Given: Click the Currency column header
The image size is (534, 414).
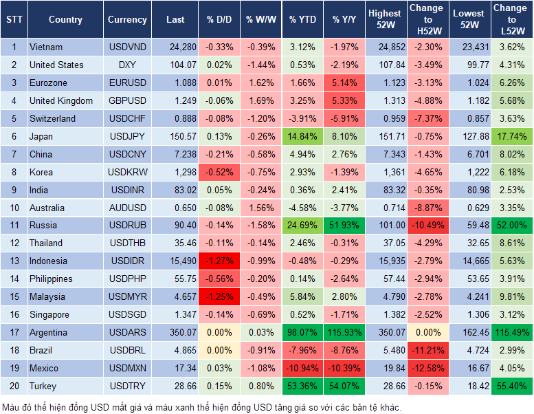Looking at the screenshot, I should pos(127,20).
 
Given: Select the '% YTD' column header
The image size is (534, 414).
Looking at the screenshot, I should pos(302,20).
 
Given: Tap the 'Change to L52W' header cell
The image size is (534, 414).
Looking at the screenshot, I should pos(510,20).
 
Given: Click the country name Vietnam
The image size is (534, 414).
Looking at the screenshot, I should pos(46,47).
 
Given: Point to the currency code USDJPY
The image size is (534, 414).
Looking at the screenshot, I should pos(127,137).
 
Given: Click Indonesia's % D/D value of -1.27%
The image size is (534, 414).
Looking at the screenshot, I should pos(219,261).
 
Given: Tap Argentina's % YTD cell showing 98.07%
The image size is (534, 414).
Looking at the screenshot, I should pos(302,333).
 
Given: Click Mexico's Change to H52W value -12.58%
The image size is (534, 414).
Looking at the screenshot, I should pos(426,369).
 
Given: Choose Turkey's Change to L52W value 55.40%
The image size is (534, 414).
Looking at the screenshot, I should pos(510,386).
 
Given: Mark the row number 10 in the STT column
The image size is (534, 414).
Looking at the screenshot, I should pos(13,208).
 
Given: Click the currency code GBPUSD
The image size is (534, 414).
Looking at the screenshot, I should pos(127,101).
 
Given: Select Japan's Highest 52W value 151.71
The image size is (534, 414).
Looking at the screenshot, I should pos(385,137).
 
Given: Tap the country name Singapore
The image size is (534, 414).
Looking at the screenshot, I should pos(49,315).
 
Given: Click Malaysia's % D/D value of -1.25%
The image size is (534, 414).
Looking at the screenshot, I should pos(219,297).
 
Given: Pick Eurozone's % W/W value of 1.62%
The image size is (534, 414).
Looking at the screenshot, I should pos(260,83).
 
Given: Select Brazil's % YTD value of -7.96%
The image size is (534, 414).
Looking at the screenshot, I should pos(302,351).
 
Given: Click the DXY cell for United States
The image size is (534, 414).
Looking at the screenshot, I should pos(127,65).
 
